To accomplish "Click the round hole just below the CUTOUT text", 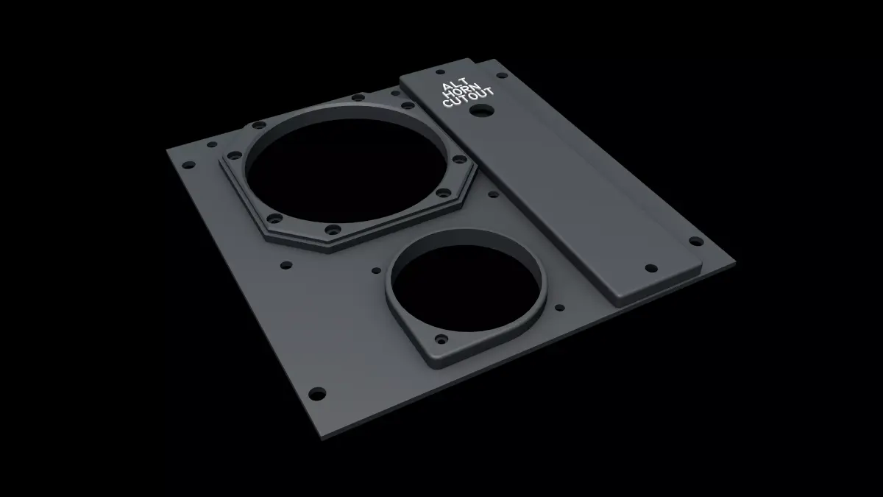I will pyautogui.click(x=484, y=110).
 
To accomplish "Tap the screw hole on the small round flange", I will pyautogui.click(x=441, y=340).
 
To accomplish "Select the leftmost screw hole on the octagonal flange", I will pyautogui.click(x=237, y=155).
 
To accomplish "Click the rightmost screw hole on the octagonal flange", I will pyautogui.click(x=458, y=159).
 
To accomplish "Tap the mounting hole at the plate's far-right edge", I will pyautogui.click(x=693, y=241).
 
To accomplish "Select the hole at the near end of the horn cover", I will pyautogui.click(x=649, y=267).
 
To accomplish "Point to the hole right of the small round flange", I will pyautogui.click(x=559, y=308).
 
